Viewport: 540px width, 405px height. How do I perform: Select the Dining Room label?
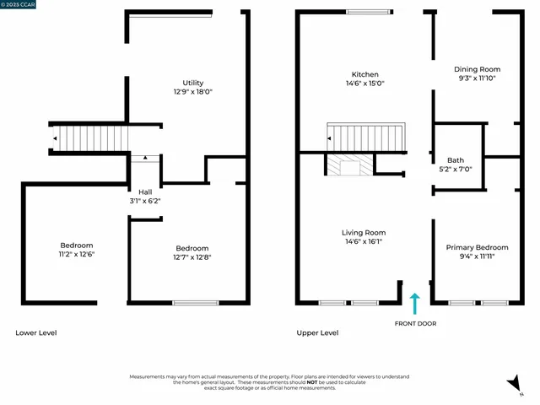tap(478, 69)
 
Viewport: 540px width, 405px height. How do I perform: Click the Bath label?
tap(456, 160)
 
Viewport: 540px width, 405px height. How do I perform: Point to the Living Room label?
tap(364, 232)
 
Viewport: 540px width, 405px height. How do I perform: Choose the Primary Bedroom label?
tap(478, 247)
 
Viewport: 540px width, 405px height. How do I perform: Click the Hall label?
tap(145, 192)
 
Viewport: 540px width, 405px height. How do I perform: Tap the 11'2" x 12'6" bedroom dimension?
tap(76, 254)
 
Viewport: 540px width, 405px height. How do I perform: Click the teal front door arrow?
tap(413, 304)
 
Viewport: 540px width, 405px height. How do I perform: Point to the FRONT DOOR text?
tap(415, 323)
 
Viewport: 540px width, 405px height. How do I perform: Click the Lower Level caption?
tap(36, 332)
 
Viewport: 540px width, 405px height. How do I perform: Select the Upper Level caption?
tap(317, 332)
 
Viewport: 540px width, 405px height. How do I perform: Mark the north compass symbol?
tap(511, 385)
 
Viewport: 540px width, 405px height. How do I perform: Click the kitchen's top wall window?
tap(369, 12)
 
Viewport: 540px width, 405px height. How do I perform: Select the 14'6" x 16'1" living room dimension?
tap(364, 241)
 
